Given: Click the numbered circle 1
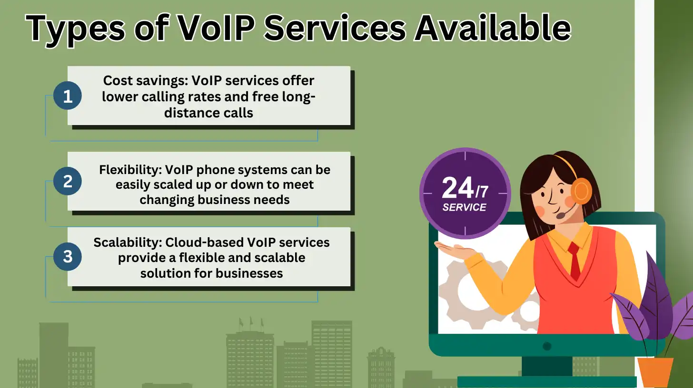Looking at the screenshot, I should (67, 97).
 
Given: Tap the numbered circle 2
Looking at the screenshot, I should (67, 181).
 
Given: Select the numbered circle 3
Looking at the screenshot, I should (67, 257).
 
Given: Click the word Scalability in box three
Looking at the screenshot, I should (127, 242).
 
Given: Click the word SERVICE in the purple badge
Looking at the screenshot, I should (464, 207).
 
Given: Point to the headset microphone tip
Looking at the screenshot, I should (561, 215).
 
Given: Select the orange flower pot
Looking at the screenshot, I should (655, 371).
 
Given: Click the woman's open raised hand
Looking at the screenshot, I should (452, 248).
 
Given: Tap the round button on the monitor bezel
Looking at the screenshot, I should (547, 346).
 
